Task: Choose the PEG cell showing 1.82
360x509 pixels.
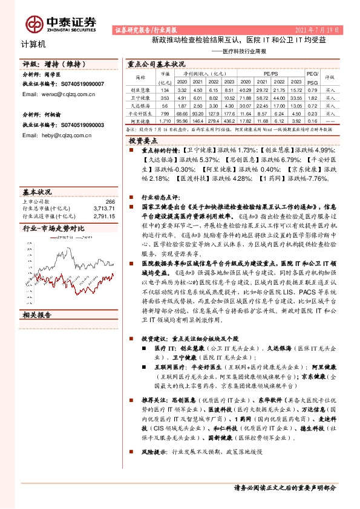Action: click(312, 97)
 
